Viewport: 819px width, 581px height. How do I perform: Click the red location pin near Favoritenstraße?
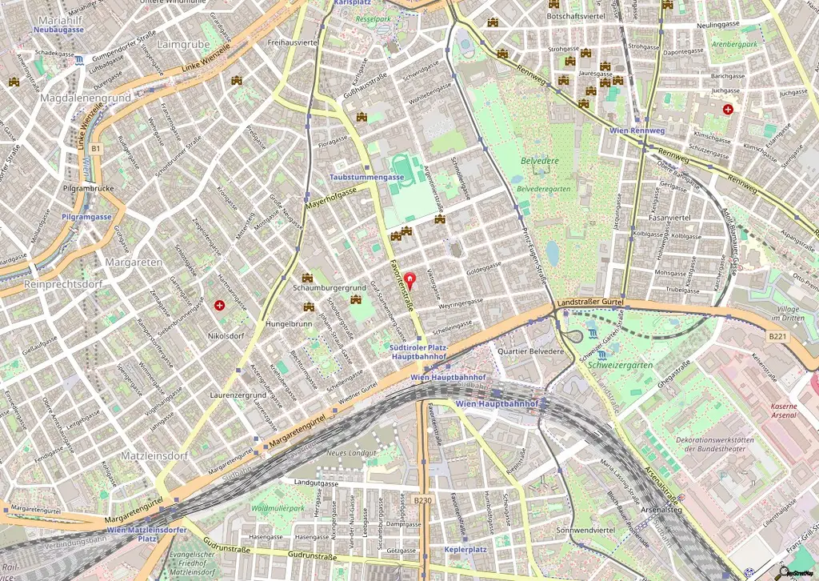click(x=411, y=280)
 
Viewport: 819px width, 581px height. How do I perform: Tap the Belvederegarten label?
click(x=543, y=188)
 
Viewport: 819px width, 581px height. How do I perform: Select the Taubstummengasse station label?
click(x=366, y=175)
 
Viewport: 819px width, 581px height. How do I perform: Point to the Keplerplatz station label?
click(x=465, y=551)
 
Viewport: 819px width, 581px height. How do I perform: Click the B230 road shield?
click(x=422, y=500)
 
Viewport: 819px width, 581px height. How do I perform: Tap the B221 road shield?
click(x=777, y=338)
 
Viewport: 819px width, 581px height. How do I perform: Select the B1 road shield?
click(x=96, y=149)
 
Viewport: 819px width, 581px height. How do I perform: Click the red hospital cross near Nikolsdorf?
click(x=220, y=305)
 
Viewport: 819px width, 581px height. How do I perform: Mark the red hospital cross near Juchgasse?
click(x=728, y=109)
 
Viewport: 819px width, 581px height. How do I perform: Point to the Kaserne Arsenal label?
click(x=783, y=411)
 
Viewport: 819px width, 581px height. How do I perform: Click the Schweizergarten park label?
click(x=619, y=365)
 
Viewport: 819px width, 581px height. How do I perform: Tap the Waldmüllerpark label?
click(x=278, y=508)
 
